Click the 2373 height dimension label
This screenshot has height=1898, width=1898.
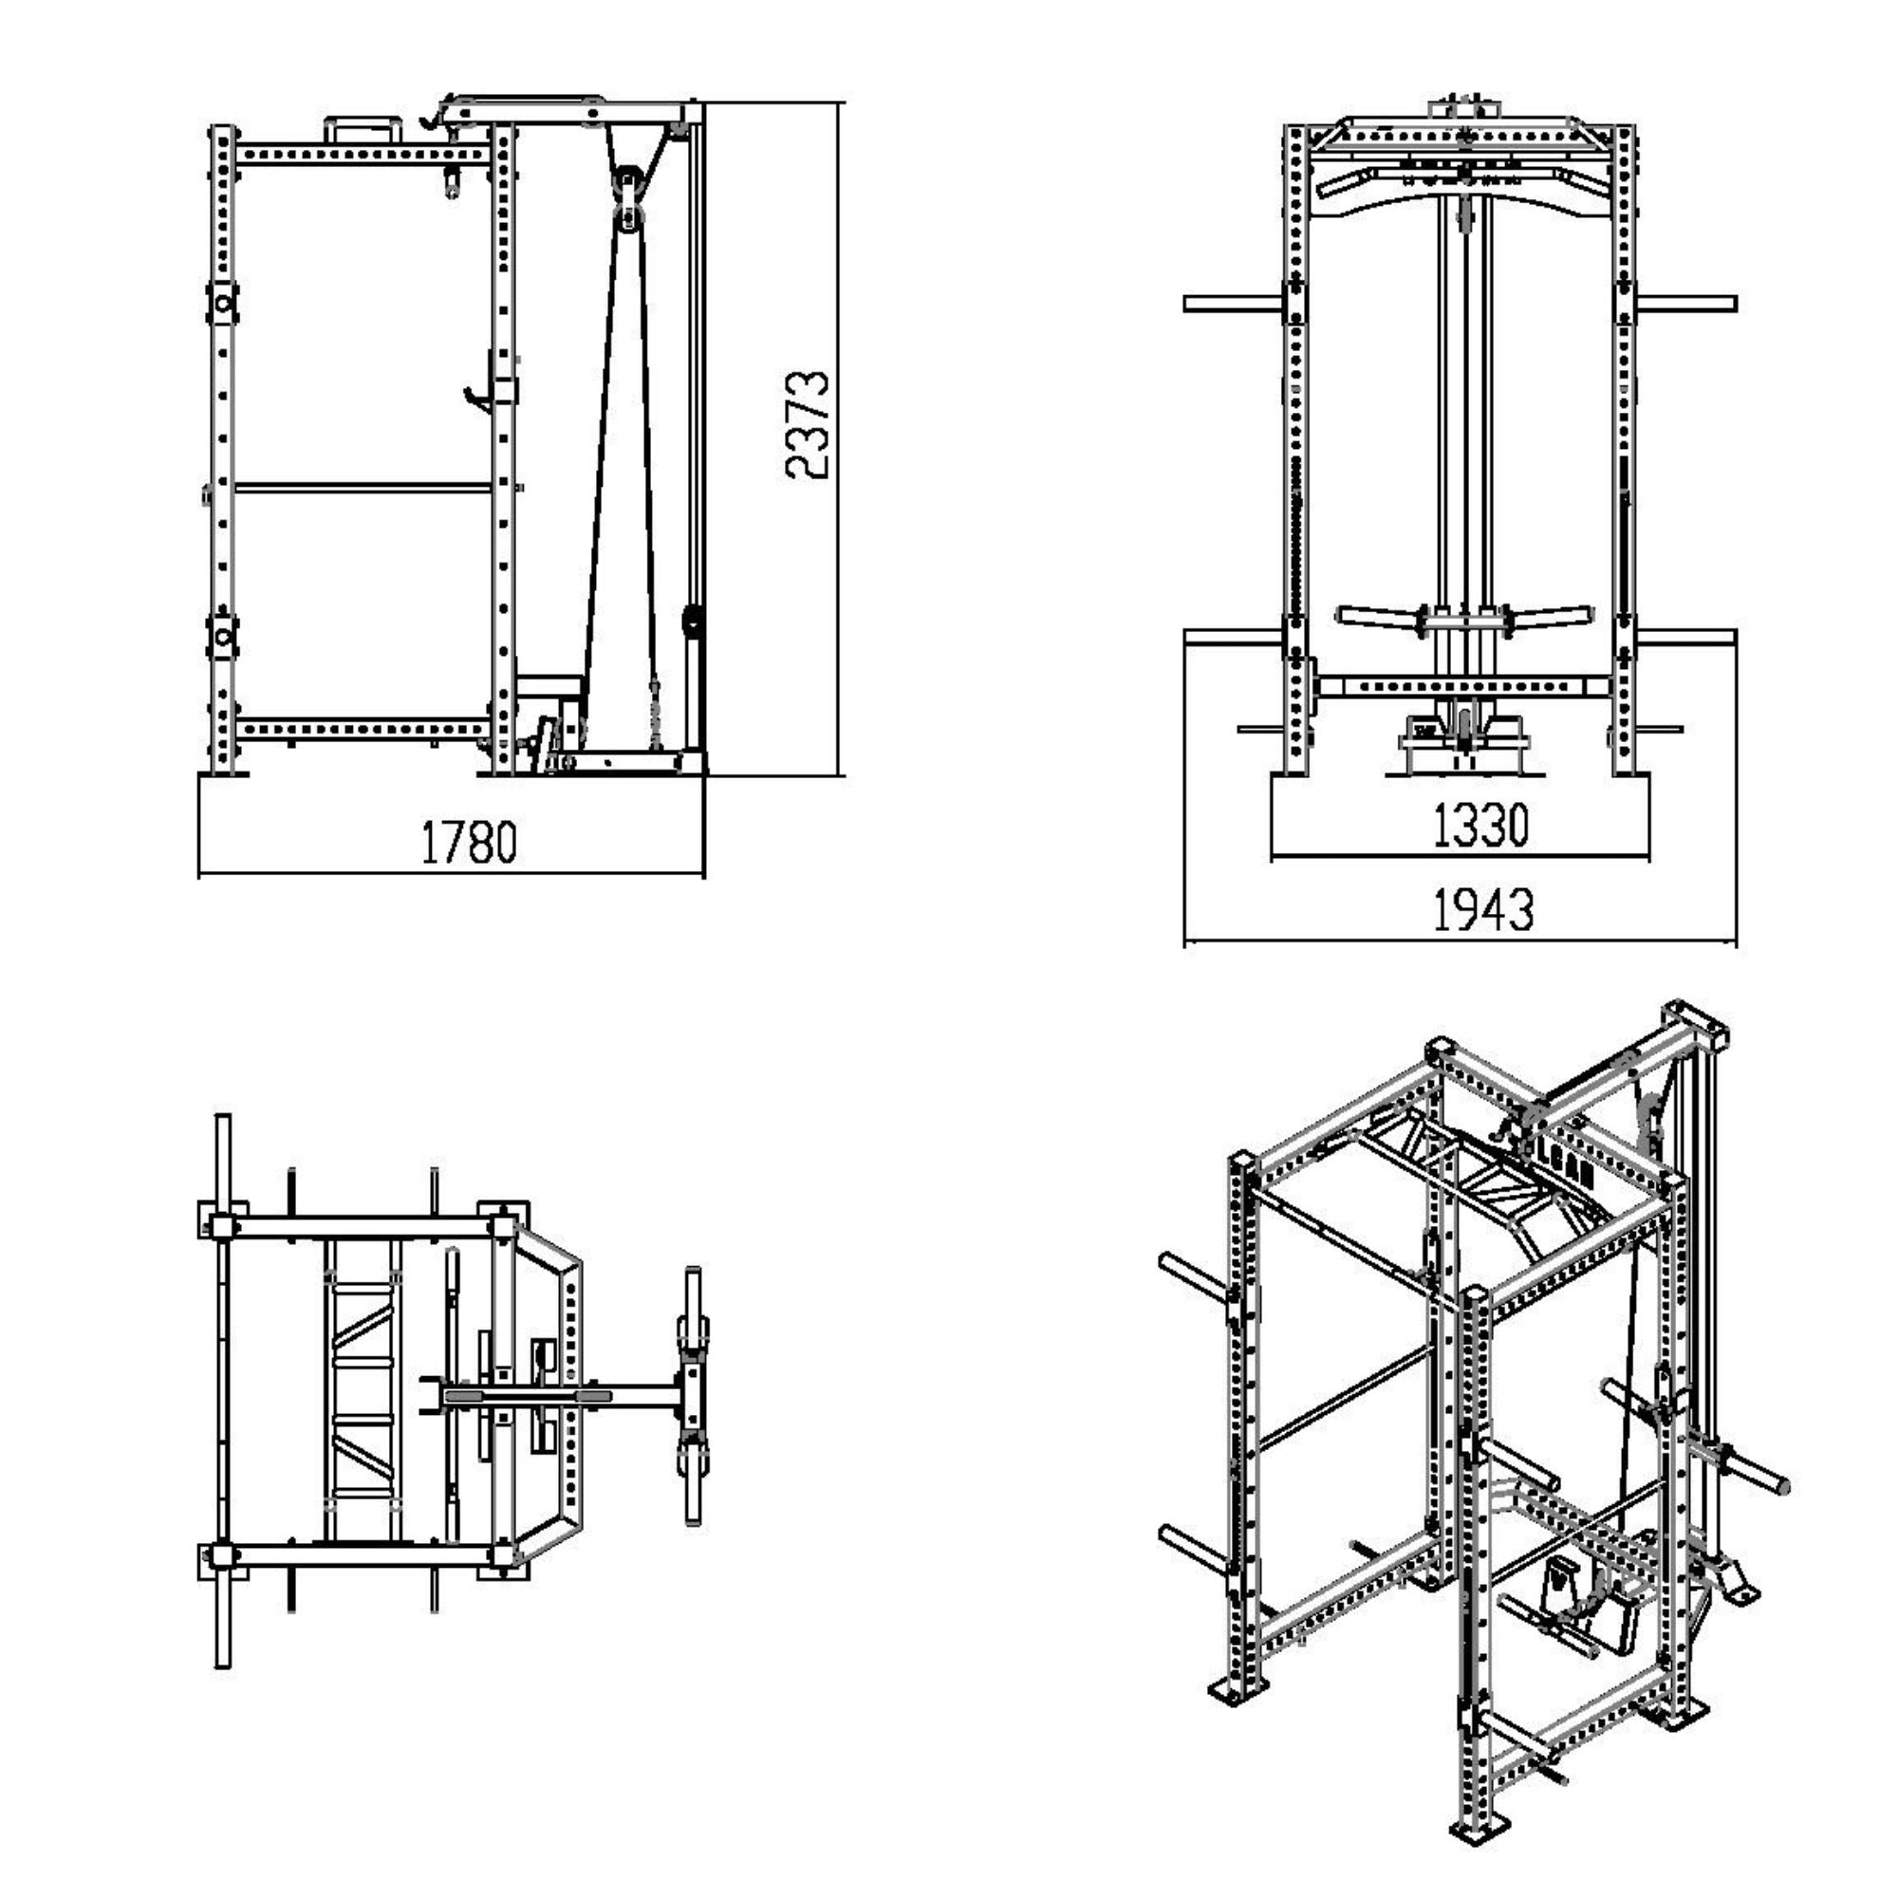808,424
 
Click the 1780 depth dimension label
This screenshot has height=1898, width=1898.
469,843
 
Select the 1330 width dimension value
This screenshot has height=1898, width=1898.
1479,826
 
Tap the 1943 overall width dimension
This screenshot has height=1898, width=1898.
1481,910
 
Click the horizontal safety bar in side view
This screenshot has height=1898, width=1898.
363,486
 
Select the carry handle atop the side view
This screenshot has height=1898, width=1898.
363,128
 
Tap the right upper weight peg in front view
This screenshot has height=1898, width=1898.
1687,304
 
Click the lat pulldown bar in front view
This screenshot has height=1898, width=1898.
1463,617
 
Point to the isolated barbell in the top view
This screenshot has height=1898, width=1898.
693,1396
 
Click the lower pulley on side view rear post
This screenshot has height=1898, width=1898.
692,622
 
